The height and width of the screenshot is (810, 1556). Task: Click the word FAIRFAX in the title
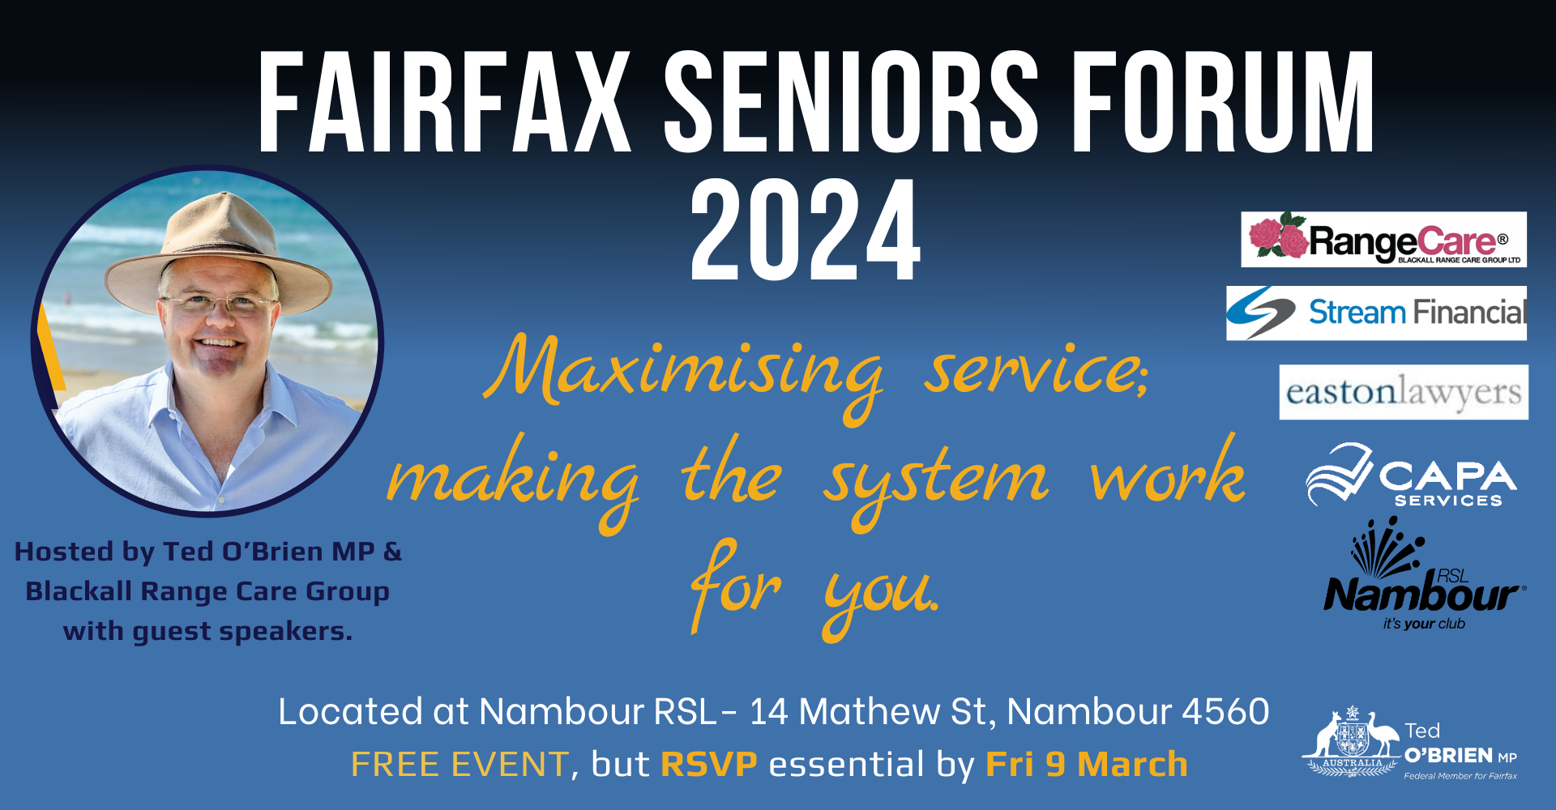click(444, 103)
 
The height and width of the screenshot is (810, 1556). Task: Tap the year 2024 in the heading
click(805, 231)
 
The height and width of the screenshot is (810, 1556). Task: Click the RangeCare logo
click(1383, 240)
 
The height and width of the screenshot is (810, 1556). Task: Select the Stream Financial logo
click(1376, 313)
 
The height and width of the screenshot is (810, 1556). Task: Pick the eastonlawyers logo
click(1404, 393)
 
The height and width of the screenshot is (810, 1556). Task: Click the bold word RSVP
click(709, 764)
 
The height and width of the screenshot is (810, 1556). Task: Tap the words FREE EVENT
click(460, 764)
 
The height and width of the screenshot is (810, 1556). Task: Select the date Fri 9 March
click(1086, 764)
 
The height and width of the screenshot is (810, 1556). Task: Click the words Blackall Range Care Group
click(207, 591)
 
